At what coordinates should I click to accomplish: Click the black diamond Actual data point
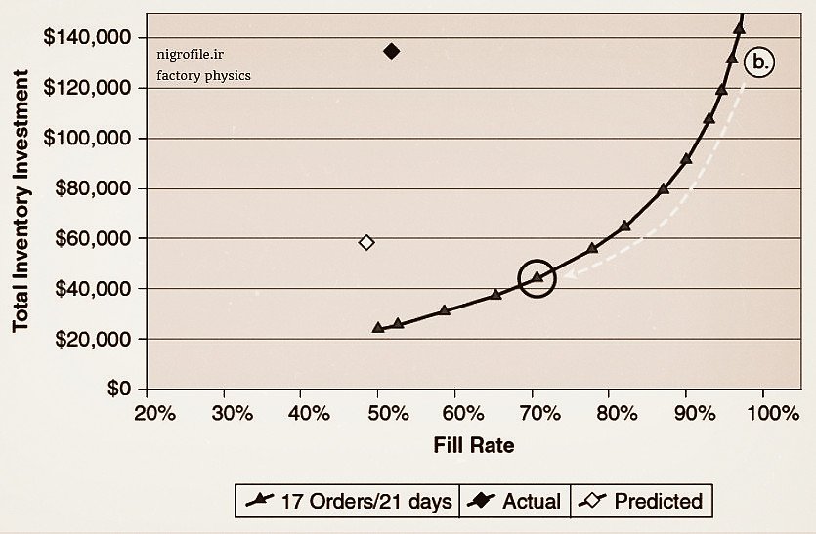[392, 51]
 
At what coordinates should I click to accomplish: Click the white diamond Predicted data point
[366, 242]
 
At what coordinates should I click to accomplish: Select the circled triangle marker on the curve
[537, 278]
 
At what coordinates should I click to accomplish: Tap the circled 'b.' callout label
[758, 62]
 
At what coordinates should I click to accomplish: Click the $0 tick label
[118, 390]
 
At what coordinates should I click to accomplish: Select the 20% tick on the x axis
[154, 413]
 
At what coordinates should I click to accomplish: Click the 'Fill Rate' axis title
[474, 445]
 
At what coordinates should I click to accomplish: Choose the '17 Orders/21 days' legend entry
[348, 502]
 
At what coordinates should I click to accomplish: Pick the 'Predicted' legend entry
[641, 502]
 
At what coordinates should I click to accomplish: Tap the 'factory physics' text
[203, 75]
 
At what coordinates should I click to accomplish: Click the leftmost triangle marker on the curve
[378, 328]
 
